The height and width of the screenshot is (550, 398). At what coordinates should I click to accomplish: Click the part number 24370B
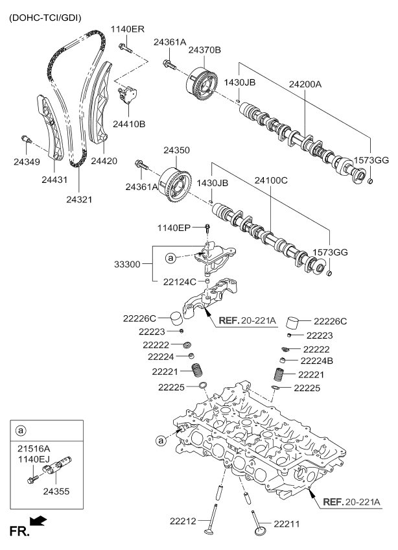pyautogui.click(x=205, y=50)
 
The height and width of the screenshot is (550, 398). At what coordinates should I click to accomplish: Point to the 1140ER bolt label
pyautogui.click(x=127, y=29)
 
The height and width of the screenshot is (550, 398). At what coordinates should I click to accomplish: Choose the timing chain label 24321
pyautogui.click(x=79, y=200)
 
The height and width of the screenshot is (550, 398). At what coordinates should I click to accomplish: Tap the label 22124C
pyautogui.click(x=178, y=281)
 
